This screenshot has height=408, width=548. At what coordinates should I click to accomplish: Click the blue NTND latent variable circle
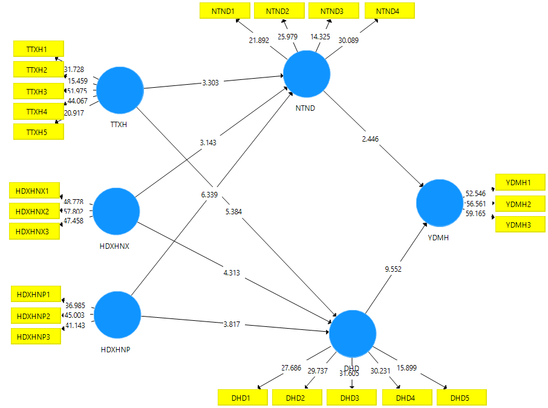click(x=307, y=74)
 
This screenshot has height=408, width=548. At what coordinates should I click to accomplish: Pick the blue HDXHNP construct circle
click(x=118, y=315)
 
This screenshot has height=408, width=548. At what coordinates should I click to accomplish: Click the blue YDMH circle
click(x=440, y=203)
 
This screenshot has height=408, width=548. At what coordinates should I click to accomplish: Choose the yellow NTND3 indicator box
click(x=331, y=11)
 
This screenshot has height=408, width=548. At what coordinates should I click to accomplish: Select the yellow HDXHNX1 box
click(x=34, y=190)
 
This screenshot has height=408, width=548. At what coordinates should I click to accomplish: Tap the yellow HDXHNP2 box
click(x=36, y=315)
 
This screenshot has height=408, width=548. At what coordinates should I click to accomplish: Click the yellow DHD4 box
click(x=406, y=398)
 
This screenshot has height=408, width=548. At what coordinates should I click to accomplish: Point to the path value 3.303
click(x=210, y=82)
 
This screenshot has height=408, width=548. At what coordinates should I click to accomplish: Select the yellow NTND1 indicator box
click(x=223, y=11)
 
